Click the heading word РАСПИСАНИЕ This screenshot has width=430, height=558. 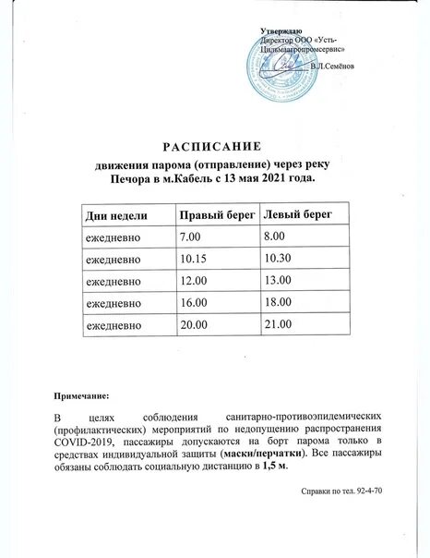tap(213, 147)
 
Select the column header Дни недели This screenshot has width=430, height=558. tap(116, 215)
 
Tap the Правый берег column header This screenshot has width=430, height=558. tap(218, 215)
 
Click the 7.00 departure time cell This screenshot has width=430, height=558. tap(191, 238)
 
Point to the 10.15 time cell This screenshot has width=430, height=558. tap(194, 260)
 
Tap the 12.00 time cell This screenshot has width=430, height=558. tap(194, 281)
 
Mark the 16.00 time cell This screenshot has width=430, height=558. tap(194, 303)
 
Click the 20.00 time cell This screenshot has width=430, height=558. tap(194, 325)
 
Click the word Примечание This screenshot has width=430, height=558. tap(88, 396)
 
